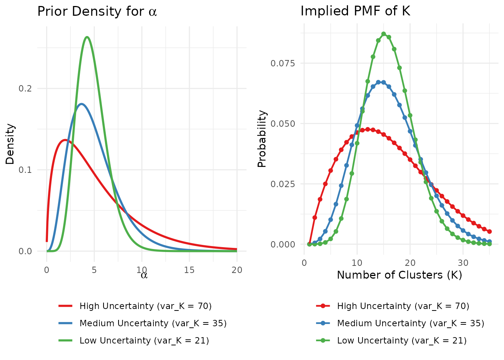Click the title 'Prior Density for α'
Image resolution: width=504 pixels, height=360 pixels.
97,12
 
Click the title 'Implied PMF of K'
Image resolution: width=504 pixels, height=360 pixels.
355,11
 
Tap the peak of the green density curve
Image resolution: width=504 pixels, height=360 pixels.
87,37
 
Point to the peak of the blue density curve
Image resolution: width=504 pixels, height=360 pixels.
81,104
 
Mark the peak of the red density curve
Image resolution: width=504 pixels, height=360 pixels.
65,140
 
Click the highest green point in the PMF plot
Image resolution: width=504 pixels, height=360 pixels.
384,34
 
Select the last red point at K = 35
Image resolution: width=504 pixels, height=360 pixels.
489,231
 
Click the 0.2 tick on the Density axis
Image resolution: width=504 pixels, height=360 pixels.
25,88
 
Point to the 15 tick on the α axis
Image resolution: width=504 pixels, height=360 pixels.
189,270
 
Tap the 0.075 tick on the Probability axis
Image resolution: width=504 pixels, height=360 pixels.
283,63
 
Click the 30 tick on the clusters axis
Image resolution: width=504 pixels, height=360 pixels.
463,262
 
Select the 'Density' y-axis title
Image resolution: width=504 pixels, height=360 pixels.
10,144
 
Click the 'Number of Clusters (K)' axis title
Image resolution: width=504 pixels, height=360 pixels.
399,275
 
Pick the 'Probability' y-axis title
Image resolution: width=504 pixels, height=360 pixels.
262,139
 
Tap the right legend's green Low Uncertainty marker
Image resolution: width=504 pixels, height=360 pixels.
323,340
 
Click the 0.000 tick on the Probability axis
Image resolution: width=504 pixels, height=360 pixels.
283,244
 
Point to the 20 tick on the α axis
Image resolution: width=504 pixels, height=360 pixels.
237,270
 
